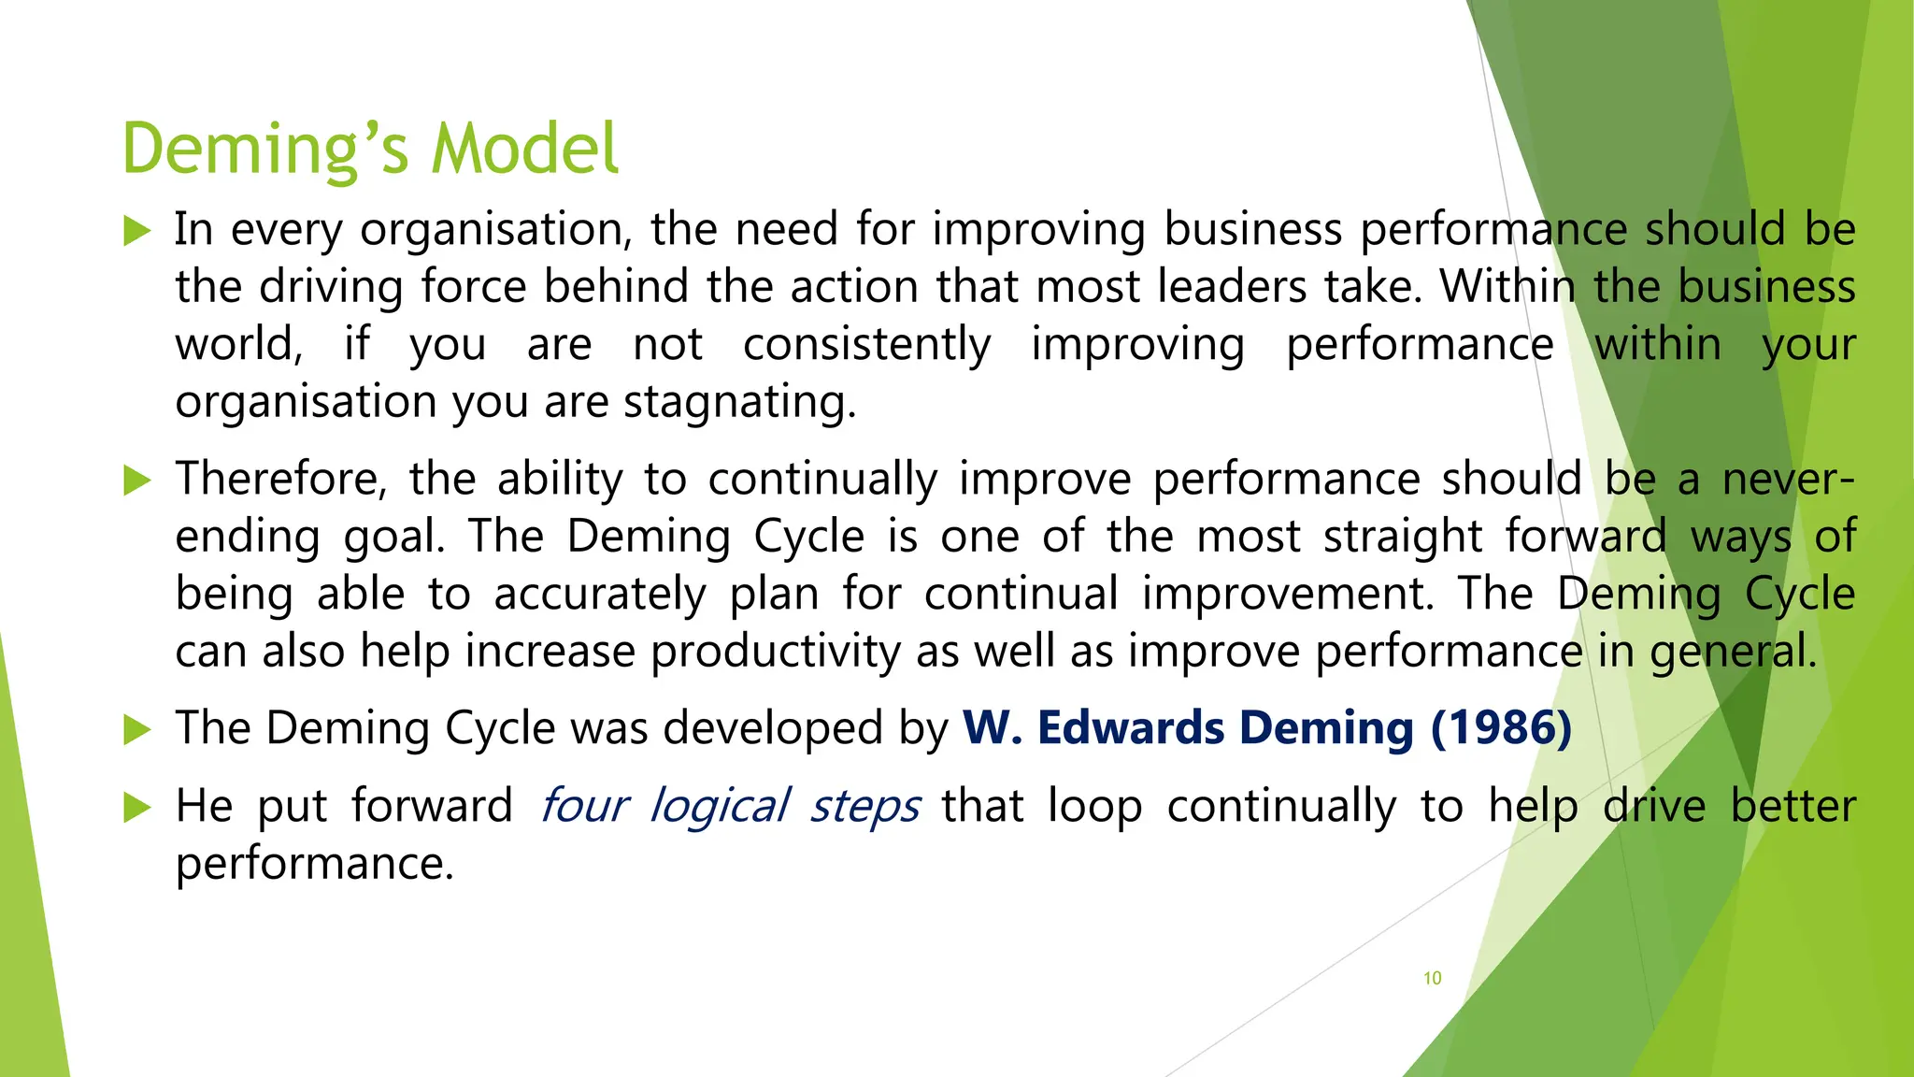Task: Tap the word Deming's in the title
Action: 265,149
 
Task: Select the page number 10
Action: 1432,978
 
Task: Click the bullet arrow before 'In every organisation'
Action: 137,230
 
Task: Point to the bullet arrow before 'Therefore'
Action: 137,481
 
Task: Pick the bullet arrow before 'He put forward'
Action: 137,807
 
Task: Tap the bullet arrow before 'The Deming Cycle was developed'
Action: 137,729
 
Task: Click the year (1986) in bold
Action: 1501,728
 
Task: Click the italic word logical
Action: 720,806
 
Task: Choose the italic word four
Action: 585,806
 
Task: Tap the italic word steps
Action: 864,806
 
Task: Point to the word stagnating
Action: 739,403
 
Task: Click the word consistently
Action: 866,345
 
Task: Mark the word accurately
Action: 600,595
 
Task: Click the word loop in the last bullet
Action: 1094,806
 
